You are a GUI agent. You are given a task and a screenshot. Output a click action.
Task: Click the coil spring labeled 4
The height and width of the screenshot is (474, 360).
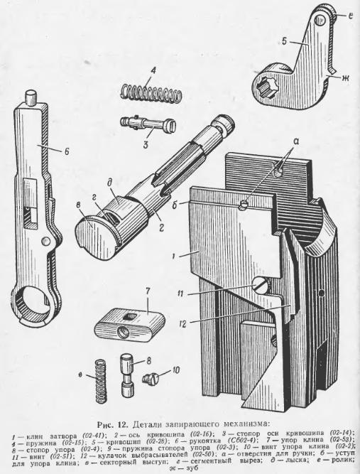[x=152, y=91]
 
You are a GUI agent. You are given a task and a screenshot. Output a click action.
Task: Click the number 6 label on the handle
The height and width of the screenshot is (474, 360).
[x=67, y=151]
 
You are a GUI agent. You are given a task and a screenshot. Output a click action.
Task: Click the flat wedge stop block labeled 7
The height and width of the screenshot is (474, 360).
[x=129, y=324]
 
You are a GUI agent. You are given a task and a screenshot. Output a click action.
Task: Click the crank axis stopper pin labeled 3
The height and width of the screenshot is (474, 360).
[x=147, y=123]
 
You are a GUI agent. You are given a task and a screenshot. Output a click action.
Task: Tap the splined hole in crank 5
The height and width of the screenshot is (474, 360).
[x=264, y=87]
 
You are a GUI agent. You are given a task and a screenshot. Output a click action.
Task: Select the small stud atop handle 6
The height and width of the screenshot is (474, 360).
[x=30, y=96]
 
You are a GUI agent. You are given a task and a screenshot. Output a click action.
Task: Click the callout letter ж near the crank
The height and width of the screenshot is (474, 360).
[x=345, y=77]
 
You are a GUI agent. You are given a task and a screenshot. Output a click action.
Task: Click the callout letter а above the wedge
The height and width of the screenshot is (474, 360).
[x=295, y=141]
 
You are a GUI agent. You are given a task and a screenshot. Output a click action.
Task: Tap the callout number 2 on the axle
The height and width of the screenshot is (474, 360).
[x=161, y=228]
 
